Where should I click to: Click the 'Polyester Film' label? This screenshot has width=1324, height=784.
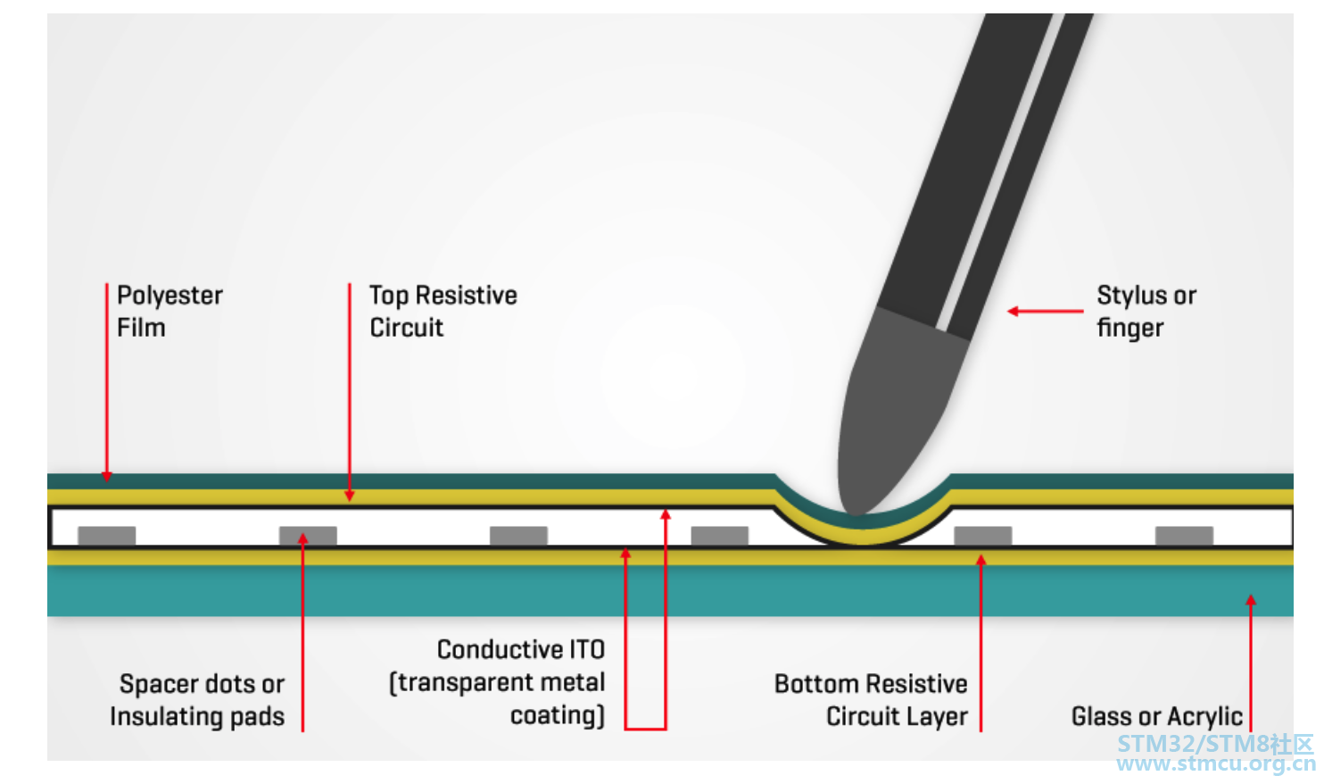coord(170,312)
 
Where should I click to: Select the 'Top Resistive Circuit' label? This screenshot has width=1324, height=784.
coord(443,312)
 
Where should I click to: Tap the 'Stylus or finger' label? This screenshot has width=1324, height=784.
coord(1146,312)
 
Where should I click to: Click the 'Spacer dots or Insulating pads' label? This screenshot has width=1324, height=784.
coord(197,700)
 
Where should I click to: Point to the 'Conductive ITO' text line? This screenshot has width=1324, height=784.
coord(521,649)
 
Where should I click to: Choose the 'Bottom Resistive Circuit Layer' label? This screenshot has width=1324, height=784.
coord(871,700)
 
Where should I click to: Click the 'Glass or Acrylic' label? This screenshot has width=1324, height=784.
coord(1157,716)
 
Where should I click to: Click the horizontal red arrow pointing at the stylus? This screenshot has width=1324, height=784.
coord(1045,311)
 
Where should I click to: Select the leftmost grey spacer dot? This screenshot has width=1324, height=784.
coord(107,536)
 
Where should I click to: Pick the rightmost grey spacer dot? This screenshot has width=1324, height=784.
coord(1185,536)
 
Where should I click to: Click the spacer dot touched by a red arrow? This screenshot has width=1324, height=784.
coord(308,536)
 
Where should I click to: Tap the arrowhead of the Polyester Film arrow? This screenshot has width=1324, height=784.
coord(106,477)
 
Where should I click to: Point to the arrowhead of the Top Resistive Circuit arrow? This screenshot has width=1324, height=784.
coord(350,496)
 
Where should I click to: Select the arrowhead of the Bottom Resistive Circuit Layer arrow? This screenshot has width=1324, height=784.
coord(981,559)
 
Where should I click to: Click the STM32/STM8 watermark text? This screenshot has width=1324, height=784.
coord(1215,744)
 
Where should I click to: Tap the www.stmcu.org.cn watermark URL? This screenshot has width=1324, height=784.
coord(1216,763)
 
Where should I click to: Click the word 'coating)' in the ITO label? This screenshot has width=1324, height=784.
coord(558,714)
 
